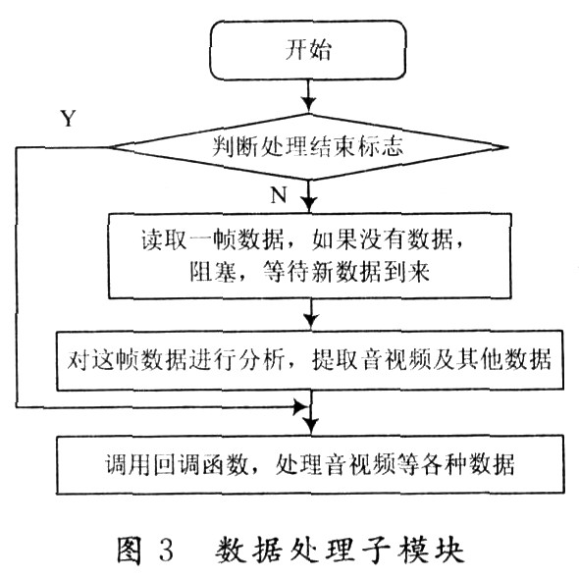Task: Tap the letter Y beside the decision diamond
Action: (69, 119)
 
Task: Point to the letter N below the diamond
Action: (279, 194)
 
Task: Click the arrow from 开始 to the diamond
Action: (308, 96)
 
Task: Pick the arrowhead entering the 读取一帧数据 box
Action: (309, 204)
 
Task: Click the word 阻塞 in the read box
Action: (213, 272)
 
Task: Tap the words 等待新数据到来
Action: (345, 273)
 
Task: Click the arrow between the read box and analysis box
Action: (311, 314)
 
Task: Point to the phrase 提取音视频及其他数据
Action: (431, 359)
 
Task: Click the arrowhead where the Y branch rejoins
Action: (300, 407)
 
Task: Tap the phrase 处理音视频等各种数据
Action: (395, 464)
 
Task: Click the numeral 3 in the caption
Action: (167, 551)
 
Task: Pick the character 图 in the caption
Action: (130, 551)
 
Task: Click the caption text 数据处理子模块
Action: (340, 551)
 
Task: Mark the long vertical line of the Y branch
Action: (17, 278)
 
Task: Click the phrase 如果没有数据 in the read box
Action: (383, 239)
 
